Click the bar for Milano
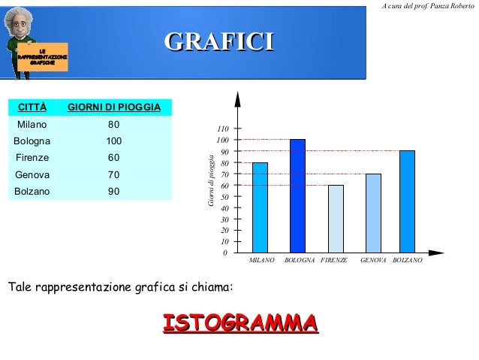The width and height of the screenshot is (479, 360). coord(260,207)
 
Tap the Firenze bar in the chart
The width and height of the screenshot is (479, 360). coord(336,218)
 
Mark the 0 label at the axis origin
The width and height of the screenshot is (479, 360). coord(225,253)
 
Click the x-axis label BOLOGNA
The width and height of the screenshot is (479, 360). coord(300,260)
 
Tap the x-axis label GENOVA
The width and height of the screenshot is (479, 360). coord(373,260)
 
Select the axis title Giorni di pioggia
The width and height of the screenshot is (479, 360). coord(212,180)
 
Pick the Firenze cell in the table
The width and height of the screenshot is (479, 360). coord(32,158)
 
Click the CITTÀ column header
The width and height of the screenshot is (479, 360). coord(32,107)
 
